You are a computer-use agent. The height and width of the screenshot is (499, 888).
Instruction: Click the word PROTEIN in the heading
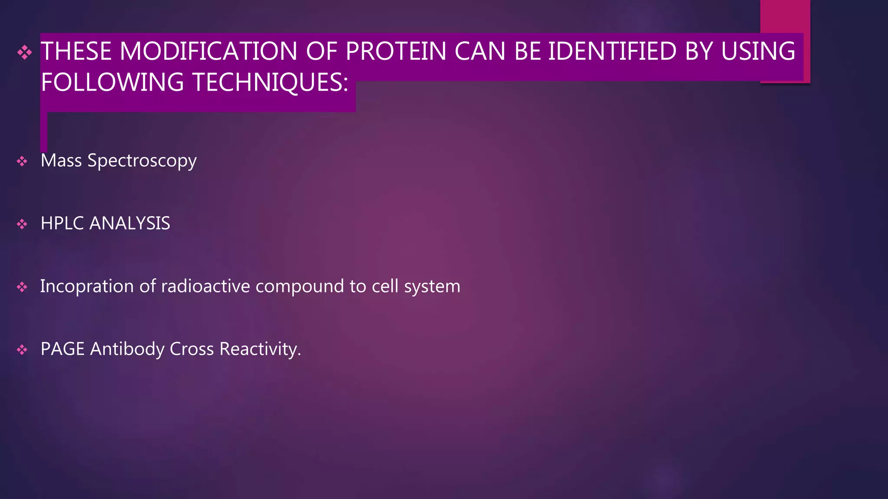395,51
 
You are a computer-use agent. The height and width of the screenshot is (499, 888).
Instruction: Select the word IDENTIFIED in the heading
612,51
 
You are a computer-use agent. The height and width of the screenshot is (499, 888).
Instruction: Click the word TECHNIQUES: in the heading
270,82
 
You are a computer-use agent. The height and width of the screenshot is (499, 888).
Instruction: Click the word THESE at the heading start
76,51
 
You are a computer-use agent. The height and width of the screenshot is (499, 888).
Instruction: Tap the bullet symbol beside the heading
24,53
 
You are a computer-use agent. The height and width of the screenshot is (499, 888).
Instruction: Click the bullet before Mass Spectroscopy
22,162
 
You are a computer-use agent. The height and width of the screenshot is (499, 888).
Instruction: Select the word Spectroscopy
142,161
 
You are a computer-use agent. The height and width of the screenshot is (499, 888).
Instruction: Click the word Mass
61,160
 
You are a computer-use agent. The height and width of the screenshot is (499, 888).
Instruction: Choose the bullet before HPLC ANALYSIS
22,224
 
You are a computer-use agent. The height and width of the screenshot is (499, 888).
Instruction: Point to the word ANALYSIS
130,224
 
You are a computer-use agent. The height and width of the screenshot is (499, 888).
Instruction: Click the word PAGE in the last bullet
62,349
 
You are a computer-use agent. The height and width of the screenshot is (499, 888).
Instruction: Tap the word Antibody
127,349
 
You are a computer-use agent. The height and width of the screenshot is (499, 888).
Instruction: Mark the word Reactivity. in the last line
260,349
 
